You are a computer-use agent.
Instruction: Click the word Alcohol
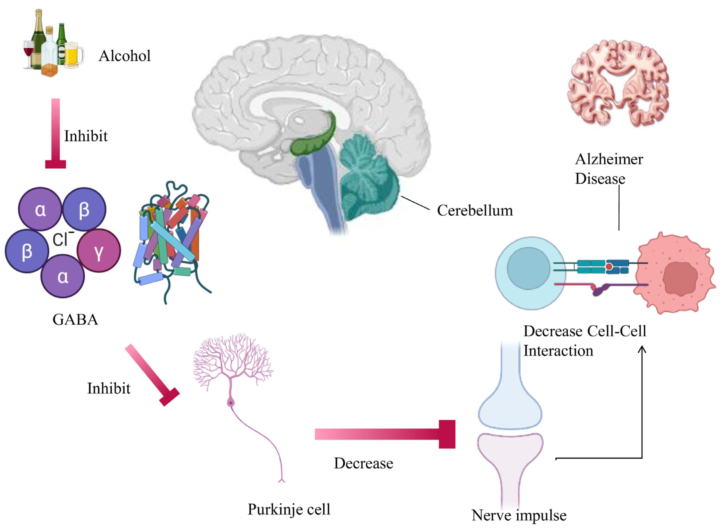click(124, 56)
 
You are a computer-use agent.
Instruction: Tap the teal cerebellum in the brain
click(369, 180)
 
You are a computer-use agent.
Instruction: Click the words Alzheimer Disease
click(609, 169)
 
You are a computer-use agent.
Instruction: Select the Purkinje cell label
click(289, 509)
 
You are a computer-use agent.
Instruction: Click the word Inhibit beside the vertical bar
click(86, 136)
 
